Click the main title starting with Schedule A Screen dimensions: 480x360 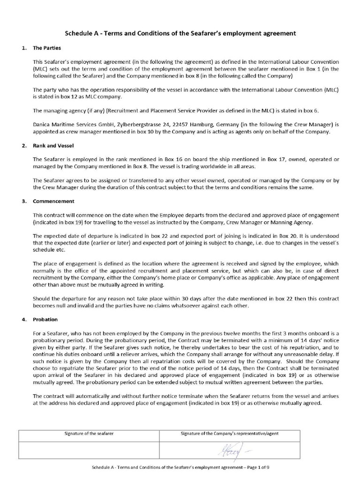(x=180, y=33)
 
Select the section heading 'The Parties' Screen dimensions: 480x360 (x=46, y=48)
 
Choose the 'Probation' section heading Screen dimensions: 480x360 (x=45, y=319)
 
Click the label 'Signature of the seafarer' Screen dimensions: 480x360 (x=89, y=434)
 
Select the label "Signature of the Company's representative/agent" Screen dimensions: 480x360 (x=230, y=434)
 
